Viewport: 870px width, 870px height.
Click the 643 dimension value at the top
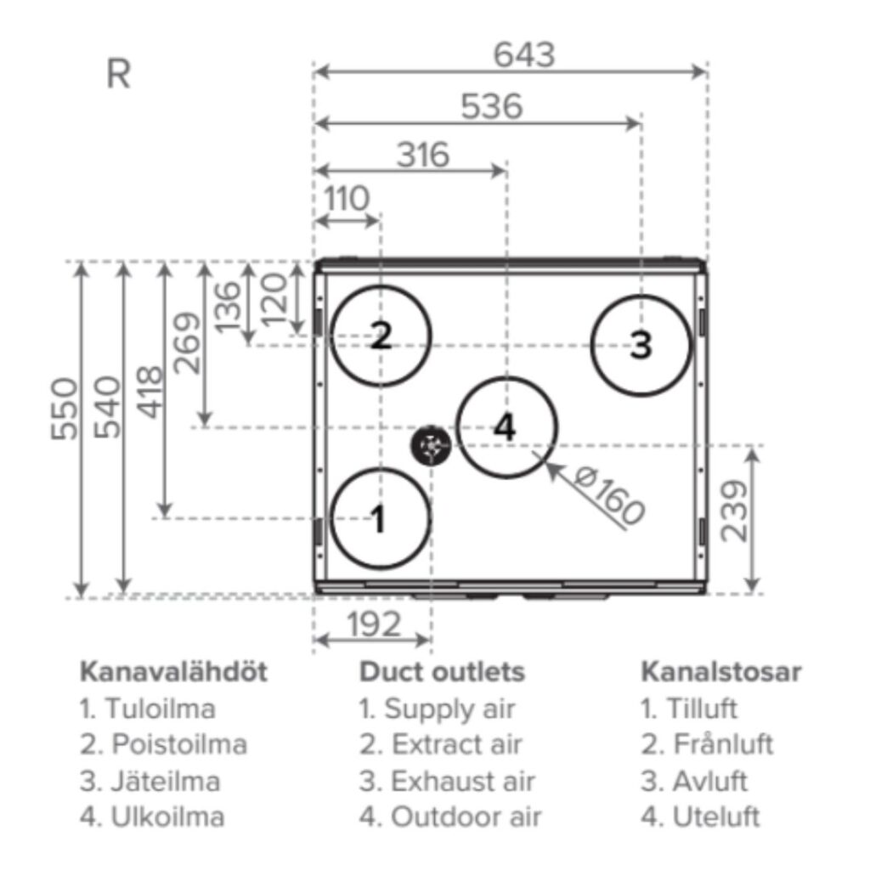click(524, 55)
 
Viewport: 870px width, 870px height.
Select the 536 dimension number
click(491, 107)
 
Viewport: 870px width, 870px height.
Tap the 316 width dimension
click(423, 155)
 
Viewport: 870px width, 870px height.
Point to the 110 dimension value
click(347, 199)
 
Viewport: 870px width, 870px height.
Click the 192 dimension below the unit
click(374, 625)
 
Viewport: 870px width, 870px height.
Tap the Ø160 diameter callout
click(609, 496)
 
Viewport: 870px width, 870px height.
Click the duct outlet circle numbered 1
click(380, 518)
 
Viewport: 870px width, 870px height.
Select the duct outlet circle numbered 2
click(381, 337)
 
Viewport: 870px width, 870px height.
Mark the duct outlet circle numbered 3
click(641, 345)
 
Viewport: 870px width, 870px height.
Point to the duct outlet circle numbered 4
click(506, 427)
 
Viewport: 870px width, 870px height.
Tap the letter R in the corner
click(118, 75)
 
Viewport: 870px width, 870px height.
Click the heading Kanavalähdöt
click(173, 672)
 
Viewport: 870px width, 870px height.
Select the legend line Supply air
click(437, 709)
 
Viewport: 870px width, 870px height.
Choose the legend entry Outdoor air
click(450, 817)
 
